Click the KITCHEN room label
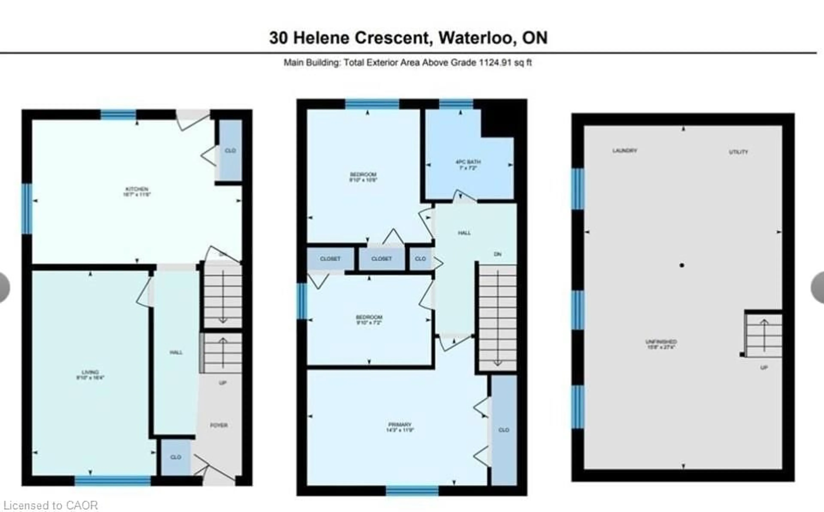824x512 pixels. coord(137,192)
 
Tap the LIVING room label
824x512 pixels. coord(90,374)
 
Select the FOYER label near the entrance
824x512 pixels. coord(219,425)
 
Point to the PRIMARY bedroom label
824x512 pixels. coord(400,427)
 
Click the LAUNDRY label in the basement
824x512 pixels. coord(625,150)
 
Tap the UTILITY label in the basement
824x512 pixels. coord(738,152)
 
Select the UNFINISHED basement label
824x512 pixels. coord(661,344)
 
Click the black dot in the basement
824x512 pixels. coord(682,265)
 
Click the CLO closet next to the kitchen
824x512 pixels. coord(230,150)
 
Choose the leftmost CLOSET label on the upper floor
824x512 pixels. coord(330,259)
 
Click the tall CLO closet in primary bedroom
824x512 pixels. coord(504,430)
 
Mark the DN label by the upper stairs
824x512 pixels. coord(497,254)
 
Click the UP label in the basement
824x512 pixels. coord(764,367)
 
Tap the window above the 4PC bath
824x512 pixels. coord(456,104)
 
